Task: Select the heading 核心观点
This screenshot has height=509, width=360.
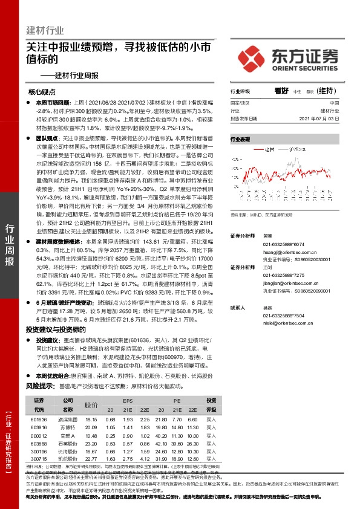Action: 42,92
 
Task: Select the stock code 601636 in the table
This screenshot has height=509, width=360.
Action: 38,419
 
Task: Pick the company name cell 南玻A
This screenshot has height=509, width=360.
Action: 68,435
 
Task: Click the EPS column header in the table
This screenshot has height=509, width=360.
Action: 127,401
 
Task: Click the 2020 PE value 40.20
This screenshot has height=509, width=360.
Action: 161,435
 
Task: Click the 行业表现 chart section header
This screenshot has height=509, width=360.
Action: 240,139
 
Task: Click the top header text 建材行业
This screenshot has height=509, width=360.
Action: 45,30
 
